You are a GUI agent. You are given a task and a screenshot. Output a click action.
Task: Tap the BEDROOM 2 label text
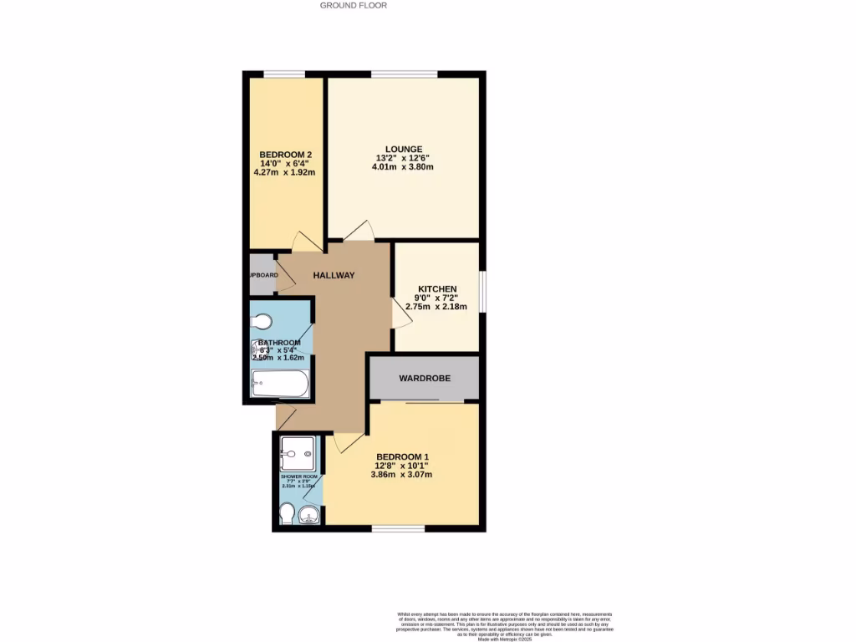point(286,155)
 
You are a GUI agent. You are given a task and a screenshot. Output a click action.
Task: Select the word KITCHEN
point(437,289)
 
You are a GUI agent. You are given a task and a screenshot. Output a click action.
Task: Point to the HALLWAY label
point(334,275)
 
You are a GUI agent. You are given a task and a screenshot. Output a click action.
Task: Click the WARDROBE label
point(425,379)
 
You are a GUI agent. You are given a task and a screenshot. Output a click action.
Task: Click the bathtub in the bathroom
point(280,385)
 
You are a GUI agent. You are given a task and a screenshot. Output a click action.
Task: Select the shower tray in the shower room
point(298,454)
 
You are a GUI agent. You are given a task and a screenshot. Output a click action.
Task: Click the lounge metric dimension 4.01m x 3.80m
point(403,167)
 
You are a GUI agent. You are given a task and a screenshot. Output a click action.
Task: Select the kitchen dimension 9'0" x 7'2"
point(437,298)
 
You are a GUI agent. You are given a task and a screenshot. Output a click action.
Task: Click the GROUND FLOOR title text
point(354,5)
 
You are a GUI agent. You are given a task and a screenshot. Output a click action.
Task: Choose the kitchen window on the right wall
point(482,291)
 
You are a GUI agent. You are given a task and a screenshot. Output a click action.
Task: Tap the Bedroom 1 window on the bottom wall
point(397,528)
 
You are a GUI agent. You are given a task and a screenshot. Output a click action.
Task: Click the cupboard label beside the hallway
point(261,275)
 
